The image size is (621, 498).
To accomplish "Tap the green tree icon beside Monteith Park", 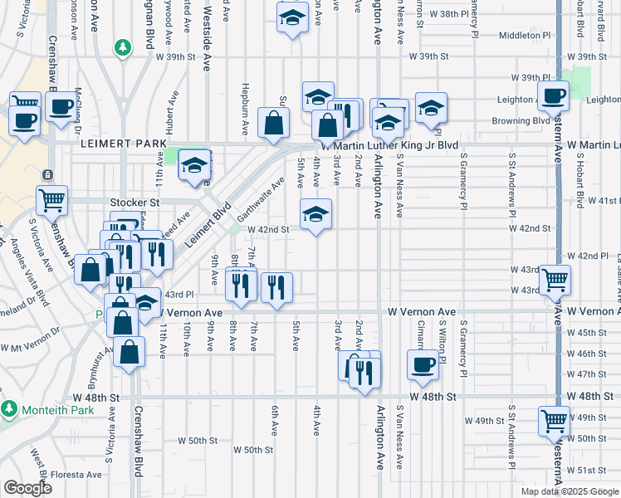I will (10, 409).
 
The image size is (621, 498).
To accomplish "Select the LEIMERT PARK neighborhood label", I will (124, 144).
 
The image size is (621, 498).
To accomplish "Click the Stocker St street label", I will (134, 202).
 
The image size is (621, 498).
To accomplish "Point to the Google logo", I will (27, 488).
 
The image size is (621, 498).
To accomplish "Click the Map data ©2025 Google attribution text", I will (570, 491).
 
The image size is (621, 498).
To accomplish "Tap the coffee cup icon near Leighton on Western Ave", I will (553, 95).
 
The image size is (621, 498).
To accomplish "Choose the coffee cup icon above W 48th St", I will (423, 364).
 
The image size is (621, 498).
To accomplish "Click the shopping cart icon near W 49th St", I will (554, 420).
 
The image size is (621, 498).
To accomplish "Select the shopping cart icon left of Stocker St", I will (51, 200).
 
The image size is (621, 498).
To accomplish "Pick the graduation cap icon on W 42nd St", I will (315, 214).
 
